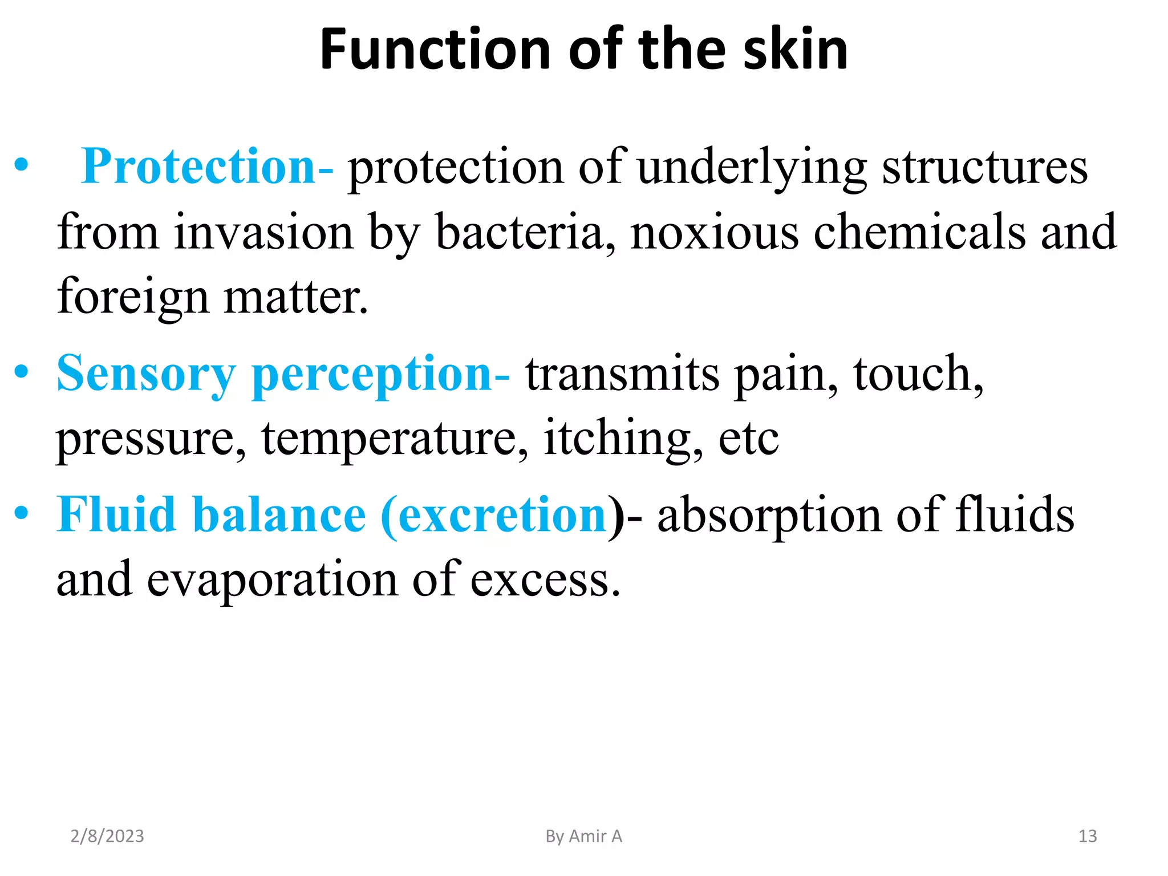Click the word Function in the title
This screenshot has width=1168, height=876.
click(x=433, y=50)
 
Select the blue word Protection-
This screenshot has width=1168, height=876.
click(x=207, y=167)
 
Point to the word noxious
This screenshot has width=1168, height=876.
click(x=715, y=233)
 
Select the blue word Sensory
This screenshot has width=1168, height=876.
click(x=146, y=374)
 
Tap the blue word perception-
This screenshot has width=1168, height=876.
click(x=380, y=374)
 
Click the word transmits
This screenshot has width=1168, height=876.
click(x=622, y=374)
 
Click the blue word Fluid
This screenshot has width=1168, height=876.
click(x=116, y=515)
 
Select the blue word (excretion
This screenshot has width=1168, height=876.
click(x=493, y=515)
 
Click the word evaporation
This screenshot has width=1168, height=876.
click(x=273, y=579)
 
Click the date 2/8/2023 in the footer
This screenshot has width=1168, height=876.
click(x=107, y=836)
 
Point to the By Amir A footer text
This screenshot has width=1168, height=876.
click(x=583, y=836)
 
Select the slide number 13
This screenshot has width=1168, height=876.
click(x=1088, y=836)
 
